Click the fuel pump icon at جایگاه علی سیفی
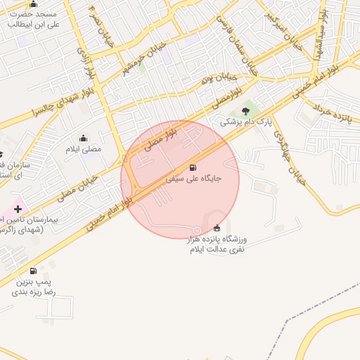coord(193,167)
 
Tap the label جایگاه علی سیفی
coord(193,179)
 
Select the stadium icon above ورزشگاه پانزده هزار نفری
coord(216,228)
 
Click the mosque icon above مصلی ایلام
coord(84,138)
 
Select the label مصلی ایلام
coord(84,149)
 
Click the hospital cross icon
coord(18,209)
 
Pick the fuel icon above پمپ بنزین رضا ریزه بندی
coord(33,271)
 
